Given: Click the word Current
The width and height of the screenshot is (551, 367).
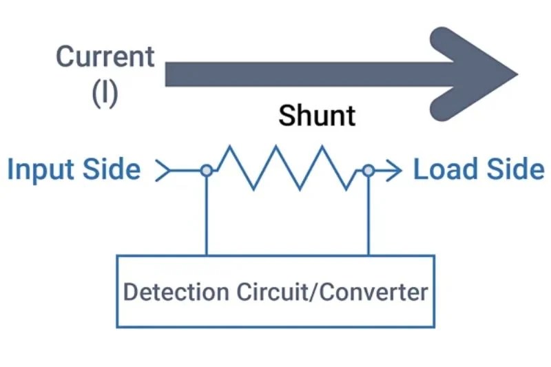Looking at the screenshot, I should coord(105,56).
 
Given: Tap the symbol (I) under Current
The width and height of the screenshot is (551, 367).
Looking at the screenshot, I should coord(105,93).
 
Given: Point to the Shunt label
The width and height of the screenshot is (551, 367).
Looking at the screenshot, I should coord(317,116).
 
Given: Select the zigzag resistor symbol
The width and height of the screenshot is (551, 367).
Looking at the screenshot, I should coord(286,167).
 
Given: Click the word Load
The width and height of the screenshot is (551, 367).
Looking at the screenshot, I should coord(444,169).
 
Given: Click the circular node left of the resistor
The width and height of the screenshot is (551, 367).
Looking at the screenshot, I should coord(206,170).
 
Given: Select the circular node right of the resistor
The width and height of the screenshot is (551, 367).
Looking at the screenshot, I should coord(368,170).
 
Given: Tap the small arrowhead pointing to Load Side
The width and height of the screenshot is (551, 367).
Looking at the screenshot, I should coord(394,170).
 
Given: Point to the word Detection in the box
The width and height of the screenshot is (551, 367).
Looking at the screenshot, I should coord(176,291).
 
